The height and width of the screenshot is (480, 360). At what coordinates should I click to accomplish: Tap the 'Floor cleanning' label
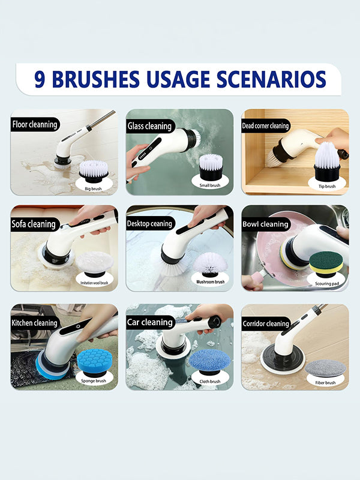[35, 125]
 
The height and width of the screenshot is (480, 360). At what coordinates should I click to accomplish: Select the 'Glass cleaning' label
[149, 126]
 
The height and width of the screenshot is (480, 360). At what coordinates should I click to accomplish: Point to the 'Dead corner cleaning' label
[265, 126]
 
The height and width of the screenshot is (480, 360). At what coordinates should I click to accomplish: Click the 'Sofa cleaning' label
[34, 224]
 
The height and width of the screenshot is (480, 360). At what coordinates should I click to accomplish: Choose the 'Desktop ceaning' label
[150, 224]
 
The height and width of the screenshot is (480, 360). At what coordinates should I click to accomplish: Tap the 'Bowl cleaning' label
[265, 224]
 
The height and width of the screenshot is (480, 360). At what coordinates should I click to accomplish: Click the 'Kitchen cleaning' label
[35, 323]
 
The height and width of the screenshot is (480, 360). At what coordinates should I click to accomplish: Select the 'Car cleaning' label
[149, 322]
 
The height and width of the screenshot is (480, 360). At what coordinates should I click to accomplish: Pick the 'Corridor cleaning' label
[265, 324]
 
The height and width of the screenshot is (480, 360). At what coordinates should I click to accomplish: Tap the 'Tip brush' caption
[326, 186]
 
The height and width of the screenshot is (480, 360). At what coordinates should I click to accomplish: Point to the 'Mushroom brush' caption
[210, 281]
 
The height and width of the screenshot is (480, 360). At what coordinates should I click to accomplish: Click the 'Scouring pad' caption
[326, 283]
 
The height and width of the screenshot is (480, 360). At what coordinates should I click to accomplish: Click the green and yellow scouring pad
[326, 263]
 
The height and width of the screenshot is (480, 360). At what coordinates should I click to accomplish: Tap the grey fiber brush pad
[325, 367]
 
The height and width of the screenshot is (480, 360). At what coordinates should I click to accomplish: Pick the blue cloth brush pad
[209, 359]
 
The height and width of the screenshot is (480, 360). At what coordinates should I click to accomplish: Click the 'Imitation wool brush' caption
[94, 282]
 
